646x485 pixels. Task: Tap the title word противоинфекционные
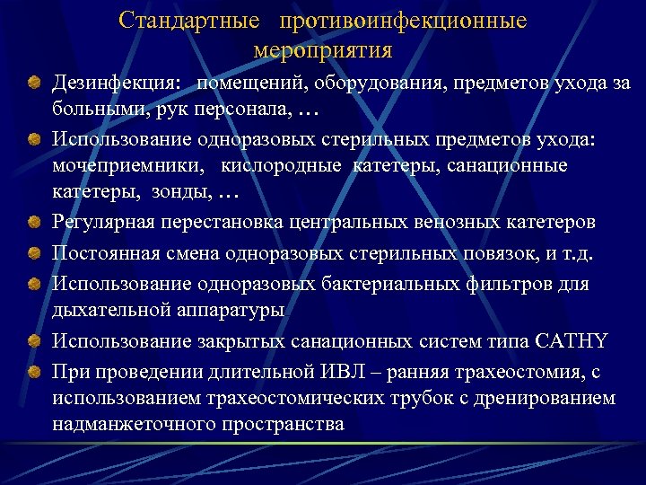pyautogui.click(x=403, y=20)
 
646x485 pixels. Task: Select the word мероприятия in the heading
pyautogui.click(x=323, y=48)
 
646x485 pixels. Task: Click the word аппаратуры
pyautogui.click(x=232, y=310)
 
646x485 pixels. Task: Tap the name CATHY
pyautogui.click(x=571, y=340)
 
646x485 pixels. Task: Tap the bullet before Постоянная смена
pyautogui.click(x=33, y=254)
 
